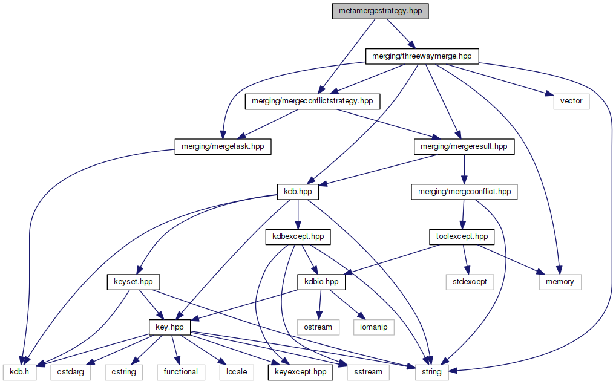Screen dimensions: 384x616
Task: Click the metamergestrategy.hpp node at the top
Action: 380,11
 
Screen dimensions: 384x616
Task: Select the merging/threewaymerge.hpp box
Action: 422,56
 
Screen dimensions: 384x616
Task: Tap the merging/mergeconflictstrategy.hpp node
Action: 312,101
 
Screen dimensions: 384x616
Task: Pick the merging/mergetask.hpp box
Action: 223,146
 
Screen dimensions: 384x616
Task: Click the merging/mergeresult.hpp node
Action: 464,146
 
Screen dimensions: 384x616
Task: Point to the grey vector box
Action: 571,101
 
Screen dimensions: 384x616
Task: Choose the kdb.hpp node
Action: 297,192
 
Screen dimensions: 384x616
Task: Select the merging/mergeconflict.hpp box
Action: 464,192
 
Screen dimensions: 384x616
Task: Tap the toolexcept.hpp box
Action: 461,236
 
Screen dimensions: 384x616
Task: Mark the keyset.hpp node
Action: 133,282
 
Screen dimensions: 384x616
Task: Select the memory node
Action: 560,282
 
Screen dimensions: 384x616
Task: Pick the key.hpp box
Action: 170,327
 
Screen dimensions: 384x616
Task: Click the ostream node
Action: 318,327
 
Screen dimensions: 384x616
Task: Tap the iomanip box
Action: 376,327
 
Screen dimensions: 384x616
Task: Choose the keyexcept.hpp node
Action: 300,372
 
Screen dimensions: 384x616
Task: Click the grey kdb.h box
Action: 19,372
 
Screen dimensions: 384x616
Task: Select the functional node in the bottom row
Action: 180,372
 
